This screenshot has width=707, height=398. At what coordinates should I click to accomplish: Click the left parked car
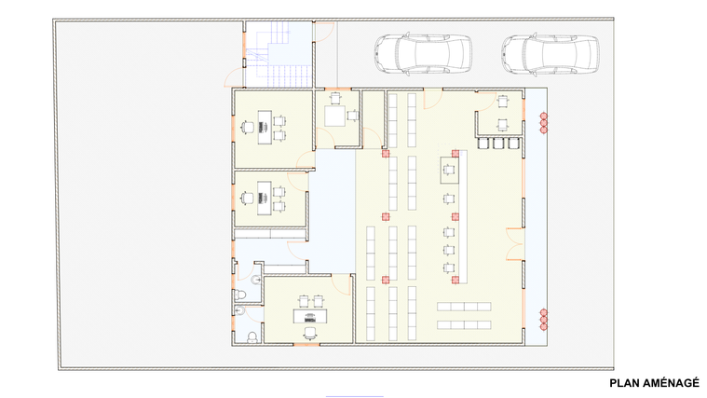pos(423,54)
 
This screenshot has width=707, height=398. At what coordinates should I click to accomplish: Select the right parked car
pos(551,54)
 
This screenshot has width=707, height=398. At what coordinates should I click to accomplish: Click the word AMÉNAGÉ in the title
pos(670,383)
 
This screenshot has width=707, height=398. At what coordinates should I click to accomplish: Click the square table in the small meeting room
pos(334,116)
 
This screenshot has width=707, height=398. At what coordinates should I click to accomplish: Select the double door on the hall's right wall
pos(514,244)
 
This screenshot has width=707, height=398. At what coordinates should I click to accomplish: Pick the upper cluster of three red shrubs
pos(543,123)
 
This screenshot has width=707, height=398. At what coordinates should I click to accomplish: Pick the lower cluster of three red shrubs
pos(543,320)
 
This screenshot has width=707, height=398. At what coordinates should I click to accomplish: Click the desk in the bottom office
pos(310,316)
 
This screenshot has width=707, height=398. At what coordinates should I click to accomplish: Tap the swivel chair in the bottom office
pos(310,333)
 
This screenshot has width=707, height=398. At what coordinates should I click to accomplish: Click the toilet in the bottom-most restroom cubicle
pos(252,337)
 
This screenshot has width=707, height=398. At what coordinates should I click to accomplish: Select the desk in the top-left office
pos(265,128)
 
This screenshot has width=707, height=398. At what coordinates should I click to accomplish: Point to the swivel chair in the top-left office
pos(248,128)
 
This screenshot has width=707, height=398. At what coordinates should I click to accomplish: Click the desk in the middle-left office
pos(265,198)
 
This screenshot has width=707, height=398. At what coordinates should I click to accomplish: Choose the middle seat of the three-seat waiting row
pos(498,143)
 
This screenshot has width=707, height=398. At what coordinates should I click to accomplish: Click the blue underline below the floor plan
pos(354,397)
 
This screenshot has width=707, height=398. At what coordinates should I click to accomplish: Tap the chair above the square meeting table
pos(334,98)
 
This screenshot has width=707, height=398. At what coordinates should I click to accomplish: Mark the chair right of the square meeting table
pos(353,116)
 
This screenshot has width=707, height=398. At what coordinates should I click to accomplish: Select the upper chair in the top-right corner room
pos(503,101)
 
